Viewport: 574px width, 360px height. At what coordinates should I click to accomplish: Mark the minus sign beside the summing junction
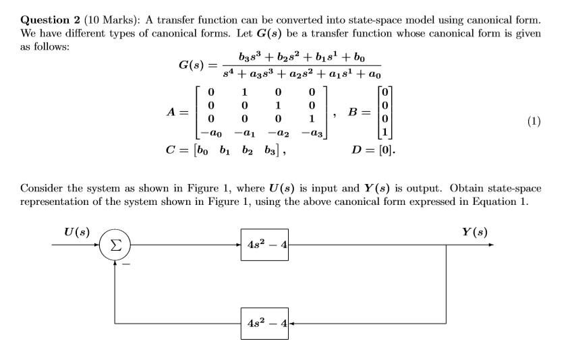click(x=124, y=264)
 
